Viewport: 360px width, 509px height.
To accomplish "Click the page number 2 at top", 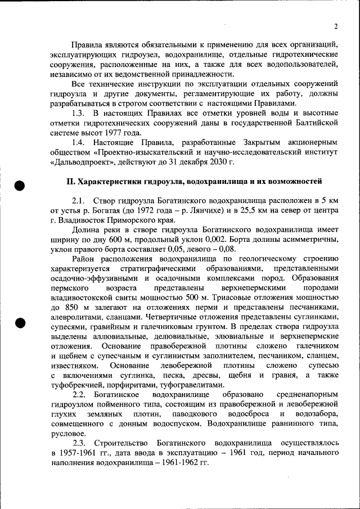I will pos(335,26).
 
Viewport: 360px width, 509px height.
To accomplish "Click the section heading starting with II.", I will pos(194,182).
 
